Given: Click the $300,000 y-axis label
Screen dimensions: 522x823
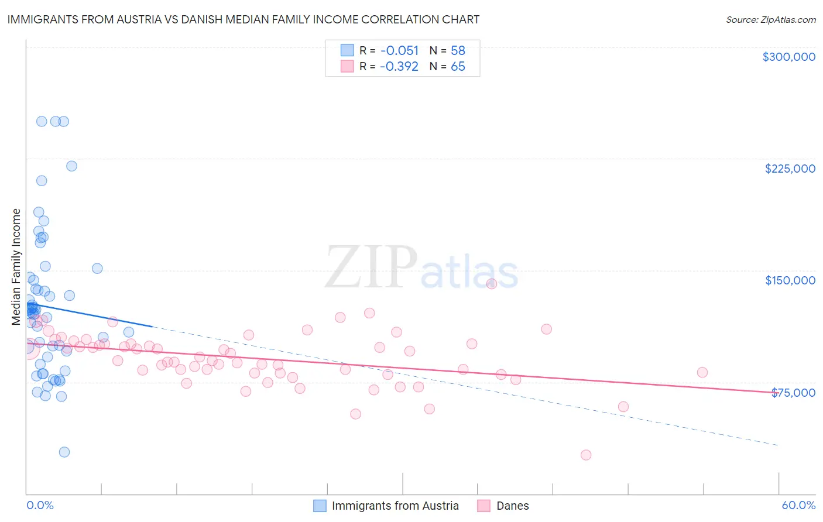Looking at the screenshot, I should click(x=788, y=57).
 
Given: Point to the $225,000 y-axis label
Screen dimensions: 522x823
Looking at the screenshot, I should click(x=790, y=169).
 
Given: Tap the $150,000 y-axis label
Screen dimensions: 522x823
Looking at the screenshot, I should click(x=790, y=280).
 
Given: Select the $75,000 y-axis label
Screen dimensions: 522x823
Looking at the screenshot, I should click(x=793, y=392).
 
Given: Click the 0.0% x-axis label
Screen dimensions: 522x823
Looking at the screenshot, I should click(x=40, y=505).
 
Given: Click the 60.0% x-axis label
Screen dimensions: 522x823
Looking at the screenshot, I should click(x=798, y=505).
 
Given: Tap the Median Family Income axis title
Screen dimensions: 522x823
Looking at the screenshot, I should click(x=16, y=267).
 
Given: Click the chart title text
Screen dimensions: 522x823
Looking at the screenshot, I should click(x=243, y=19).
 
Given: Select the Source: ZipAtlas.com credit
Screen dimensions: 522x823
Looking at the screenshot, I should click(x=770, y=19).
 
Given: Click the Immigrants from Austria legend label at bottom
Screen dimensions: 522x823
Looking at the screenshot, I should click(x=395, y=506).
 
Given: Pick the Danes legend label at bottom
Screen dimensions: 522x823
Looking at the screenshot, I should click(x=512, y=506).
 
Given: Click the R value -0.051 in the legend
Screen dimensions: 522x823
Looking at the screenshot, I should click(x=399, y=51).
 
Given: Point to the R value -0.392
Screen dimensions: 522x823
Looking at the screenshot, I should click(x=399, y=67).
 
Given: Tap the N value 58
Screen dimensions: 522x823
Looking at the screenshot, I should click(x=458, y=51).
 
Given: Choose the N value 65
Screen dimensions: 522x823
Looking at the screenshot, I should click(x=458, y=67).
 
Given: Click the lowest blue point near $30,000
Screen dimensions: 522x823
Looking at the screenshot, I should click(x=64, y=452).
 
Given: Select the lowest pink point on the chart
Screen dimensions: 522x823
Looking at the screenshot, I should click(x=586, y=455).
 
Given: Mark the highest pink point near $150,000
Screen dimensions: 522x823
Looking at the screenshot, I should click(x=492, y=284).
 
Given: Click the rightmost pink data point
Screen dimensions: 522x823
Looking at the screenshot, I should click(x=702, y=372).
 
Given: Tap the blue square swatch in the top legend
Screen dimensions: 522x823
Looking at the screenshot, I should click(x=347, y=50).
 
